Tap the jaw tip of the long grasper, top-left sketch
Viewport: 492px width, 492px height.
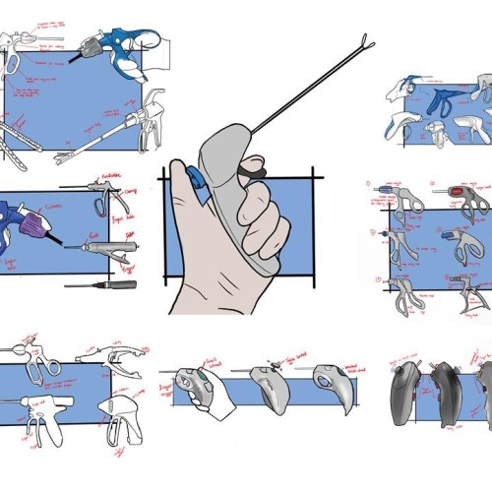point(62,158)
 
